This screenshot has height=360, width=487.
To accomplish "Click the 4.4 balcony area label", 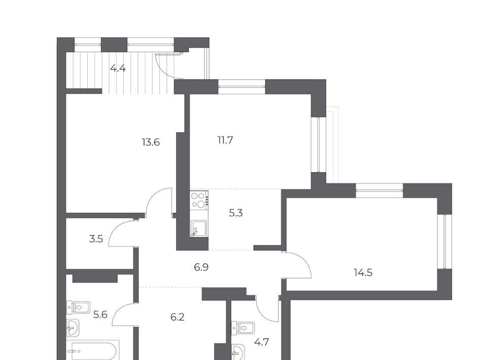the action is [118, 68].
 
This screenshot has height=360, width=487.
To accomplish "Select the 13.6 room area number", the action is [151, 142].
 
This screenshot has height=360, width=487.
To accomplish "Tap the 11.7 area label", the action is [225, 140].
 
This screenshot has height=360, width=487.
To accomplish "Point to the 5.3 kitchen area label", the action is [236, 213].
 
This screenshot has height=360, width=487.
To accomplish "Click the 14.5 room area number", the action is [363, 273].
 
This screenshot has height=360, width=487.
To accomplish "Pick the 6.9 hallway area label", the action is [201, 267].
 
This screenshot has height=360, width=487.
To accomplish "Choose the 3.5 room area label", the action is [96, 239].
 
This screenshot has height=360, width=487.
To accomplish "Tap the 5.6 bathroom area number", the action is [100, 315].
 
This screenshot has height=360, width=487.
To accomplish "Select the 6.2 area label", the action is [178, 317].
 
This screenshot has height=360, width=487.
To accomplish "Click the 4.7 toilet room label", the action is [262, 342].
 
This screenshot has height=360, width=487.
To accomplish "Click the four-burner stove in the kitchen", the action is [199, 200].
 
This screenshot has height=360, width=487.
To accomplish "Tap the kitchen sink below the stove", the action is [198, 229].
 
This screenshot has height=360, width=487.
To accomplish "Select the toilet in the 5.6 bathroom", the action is [78, 308].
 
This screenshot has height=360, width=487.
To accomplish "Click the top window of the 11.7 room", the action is [241, 87].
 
